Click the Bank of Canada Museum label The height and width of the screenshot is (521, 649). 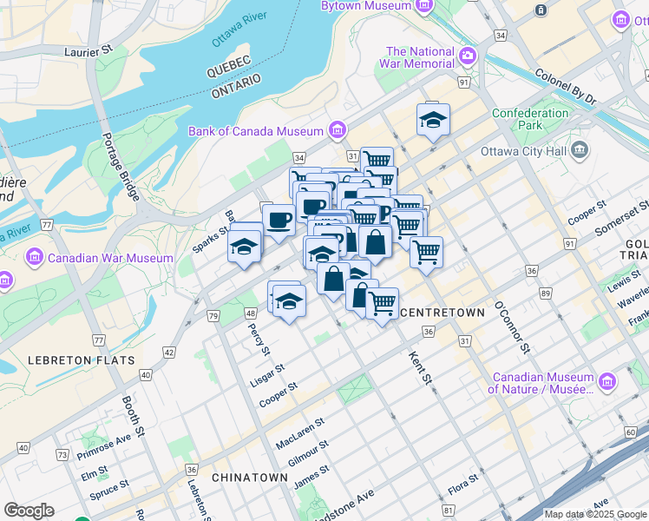[256, 131]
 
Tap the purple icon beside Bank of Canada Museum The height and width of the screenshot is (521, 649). [338, 131]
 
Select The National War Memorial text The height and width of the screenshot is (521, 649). [420, 57]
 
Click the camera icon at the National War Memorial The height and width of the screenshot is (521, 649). [468, 56]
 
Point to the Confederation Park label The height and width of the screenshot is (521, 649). [530, 119]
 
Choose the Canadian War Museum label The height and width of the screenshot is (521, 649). [110, 258]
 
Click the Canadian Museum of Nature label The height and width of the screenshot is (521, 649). [541, 383]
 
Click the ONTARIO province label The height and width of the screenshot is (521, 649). [236, 85]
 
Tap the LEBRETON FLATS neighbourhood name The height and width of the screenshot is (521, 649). [81, 359]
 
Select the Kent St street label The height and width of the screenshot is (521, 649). [420, 366]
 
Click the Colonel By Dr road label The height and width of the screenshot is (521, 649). [566, 86]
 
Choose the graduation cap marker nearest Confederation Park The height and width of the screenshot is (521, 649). [433, 121]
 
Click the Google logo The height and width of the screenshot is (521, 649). [29, 511]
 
